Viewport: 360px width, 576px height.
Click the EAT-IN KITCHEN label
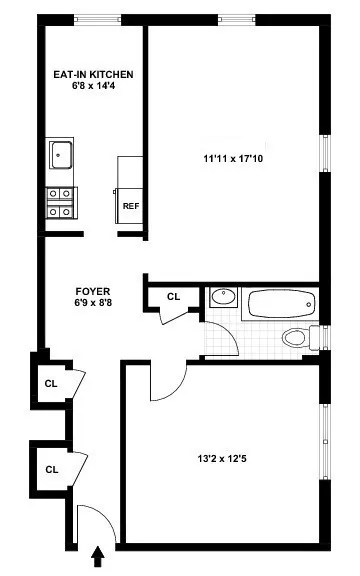pyautogui.click(x=93, y=74)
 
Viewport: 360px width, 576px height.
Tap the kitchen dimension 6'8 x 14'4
pyautogui.click(x=93, y=87)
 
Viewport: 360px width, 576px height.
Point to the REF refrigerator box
pyautogui.click(x=130, y=206)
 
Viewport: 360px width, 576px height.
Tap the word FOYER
pyautogui.click(x=92, y=291)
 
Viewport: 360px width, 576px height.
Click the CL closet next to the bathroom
pyautogui.click(x=173, y=296)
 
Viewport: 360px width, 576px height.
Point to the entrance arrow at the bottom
pyautogui.click(x=99, y=554)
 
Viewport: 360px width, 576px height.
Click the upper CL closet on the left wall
pyautogui.click(x=50, y=383)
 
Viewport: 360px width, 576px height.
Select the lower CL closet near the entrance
pyautogui.click(x=50, y=467)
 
